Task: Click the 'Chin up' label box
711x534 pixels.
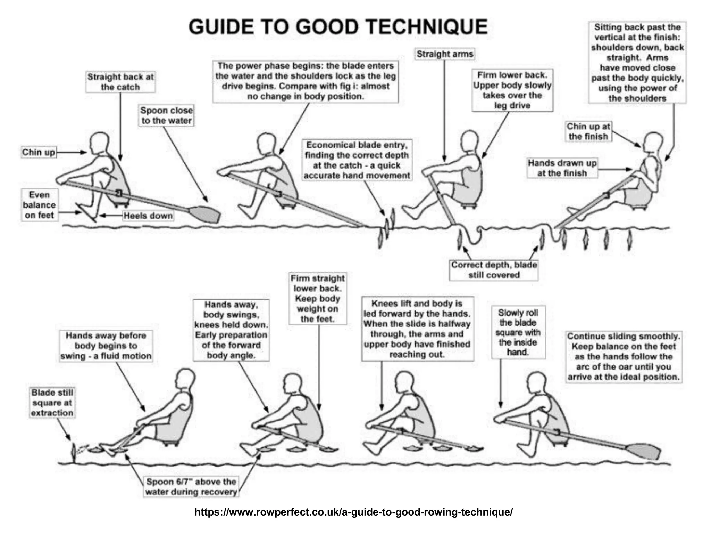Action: pyautogui.click(x=39, y=152)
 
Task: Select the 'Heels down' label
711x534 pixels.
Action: pyautogui.click(x=148, y=216)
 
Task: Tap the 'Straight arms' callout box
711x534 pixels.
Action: pyautogui.click(x=445, y=54)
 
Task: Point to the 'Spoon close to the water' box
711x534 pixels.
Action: pyautogui.click(x=166, y=115)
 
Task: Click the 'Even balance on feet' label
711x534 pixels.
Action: pyautogui.click(x=39, y=205)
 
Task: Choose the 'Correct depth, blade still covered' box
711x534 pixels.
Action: pyautogui.click(x=494, y=270)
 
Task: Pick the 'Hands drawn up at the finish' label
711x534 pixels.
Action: pyautogui.click(x=562, y=168)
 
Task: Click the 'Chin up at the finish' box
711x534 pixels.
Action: pyautogui.click(x=588, y=131)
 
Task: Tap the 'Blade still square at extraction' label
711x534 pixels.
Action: pyautogui.click(x=52, y=403)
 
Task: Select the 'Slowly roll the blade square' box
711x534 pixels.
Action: pyautogui.click(x=518, y=332)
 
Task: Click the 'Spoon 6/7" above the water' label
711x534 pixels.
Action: pyautogui.click(x=191, y=487)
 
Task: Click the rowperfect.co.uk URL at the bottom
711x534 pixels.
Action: pyautogui.click(x=353, y=512)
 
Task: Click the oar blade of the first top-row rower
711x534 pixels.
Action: pyautogui.click(x=206, y=214)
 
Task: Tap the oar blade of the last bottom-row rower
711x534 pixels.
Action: pyautogui.click(x=645, y=452)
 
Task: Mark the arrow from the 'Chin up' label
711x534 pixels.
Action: pyautogui.click(x=71, y=152)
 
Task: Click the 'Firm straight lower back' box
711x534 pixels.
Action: pyautogui.click(x=318, y=299)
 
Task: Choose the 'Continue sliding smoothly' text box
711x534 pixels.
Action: pyautogui.click(x=624, y=357)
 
